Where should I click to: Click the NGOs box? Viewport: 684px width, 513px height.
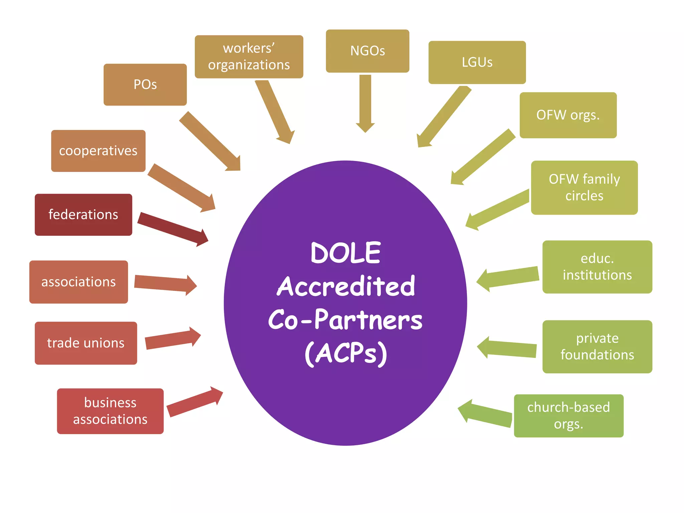367,51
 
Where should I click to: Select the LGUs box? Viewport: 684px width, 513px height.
477,62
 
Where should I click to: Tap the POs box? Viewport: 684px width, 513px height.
145,84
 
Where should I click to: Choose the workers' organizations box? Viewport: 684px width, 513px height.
249,56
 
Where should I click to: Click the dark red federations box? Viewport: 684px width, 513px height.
83,214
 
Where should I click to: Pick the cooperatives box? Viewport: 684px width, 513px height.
98,151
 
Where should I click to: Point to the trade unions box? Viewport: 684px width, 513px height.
86,343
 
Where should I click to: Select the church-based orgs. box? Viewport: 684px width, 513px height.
568,415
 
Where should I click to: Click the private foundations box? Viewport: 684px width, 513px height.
597,346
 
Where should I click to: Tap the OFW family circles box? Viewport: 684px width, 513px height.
584,187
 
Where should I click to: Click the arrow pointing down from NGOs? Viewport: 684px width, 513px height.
365,104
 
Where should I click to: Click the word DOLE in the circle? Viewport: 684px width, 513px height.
345,253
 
